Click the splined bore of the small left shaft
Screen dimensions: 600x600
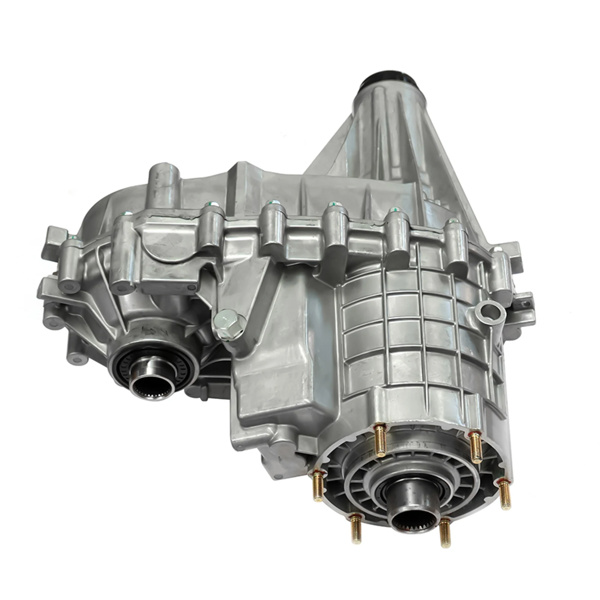coord(153,383)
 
